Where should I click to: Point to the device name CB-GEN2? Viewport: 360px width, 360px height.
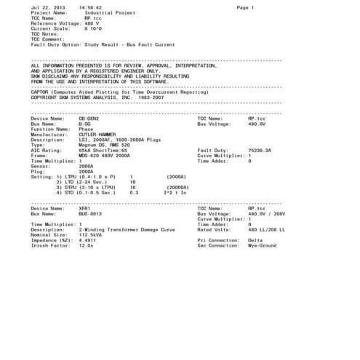pyautogui.click(x=90, y=119)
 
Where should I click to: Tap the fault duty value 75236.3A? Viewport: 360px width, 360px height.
pyautogui.click(x=260, y=150)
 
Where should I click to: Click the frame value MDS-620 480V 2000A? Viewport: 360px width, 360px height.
pyautogui.click(x=105, y=155)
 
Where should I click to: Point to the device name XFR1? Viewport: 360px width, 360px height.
pyautogui.click(x=84, y=209)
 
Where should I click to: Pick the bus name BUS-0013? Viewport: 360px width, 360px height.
pyautogui.click(x=90, y=214)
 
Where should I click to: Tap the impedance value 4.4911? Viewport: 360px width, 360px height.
pyautogui.click(x=87, y=240)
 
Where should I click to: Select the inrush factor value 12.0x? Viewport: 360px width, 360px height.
pyautogui.click(x=86, y=245)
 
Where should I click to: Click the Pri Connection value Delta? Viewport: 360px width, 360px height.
pyautogui.click(x=255, y=240)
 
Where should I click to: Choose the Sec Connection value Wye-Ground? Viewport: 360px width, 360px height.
pyautogui.click(x=263, y=245)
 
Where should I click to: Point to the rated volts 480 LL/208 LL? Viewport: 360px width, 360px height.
pyautogui.click(x=267, y=230)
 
